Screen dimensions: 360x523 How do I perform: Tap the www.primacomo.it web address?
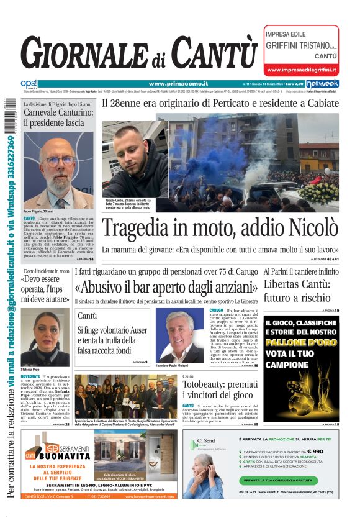pyautogui.click(x=178, y=84)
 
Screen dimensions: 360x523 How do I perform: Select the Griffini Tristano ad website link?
pyautogui.click(x=301, y=70)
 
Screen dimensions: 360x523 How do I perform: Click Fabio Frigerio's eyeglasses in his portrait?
pyautogui.click(x=59, y=160)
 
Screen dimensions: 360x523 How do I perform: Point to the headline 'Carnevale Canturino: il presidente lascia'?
pyautogui.click(x=58, y=118)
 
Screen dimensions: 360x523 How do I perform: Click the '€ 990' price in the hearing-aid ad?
pyautogui.click(x=313, y=452)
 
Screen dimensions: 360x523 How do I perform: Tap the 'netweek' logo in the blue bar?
pyautogui.click(x=322, y=84)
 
